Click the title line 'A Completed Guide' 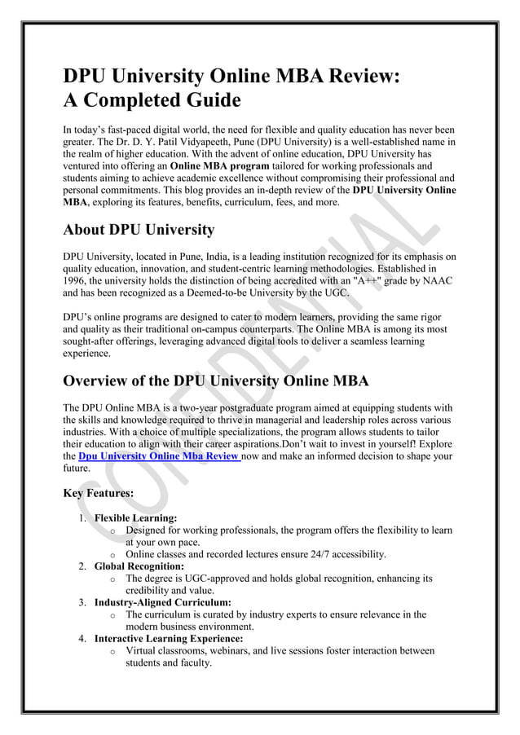(x=152, y=103)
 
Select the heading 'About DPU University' (x=139, y=229)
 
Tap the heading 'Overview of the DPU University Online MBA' (x=216, y=381)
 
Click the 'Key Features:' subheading (x=99, y=493)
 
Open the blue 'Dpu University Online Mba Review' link (x=158, y=457)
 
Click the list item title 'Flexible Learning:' (x=135, y=517)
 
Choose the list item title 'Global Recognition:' (x=139, y=566)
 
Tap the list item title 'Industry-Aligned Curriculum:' (x=163, y=602)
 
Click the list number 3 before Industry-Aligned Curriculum (x=82, y=602)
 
